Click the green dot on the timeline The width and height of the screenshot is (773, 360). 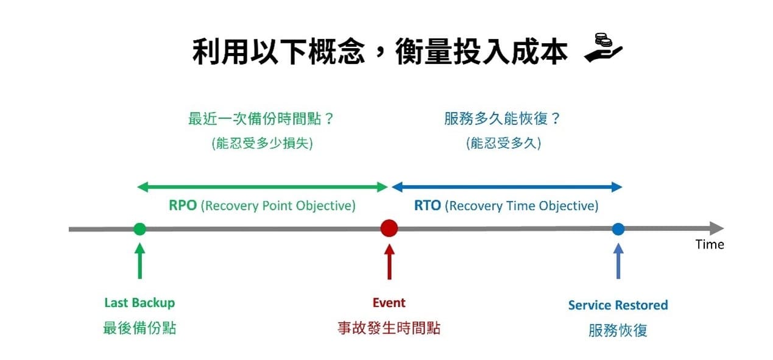[139, 229]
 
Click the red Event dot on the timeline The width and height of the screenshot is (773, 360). [389, 228]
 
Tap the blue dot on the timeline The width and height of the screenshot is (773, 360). [618, 229]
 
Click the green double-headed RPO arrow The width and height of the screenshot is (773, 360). [262, 186]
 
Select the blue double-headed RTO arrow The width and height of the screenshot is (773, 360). [506, 186]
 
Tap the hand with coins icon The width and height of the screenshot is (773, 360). [603, 49]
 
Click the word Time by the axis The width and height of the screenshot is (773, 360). [710, 244]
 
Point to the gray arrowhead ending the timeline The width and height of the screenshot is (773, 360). [716, 229]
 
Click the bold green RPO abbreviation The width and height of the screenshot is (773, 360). [183, 206]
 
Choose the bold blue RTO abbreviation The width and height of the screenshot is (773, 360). [428, 206]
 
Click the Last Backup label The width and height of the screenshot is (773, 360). [139, 303]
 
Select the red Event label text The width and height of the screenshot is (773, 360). [389, 303]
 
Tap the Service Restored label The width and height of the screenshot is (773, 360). [618, 305]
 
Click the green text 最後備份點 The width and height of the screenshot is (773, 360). [139, 328]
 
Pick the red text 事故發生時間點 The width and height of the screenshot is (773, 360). [389, 328]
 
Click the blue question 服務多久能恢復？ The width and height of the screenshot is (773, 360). [503, 118]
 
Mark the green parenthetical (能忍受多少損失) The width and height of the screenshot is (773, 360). [262, 144]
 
